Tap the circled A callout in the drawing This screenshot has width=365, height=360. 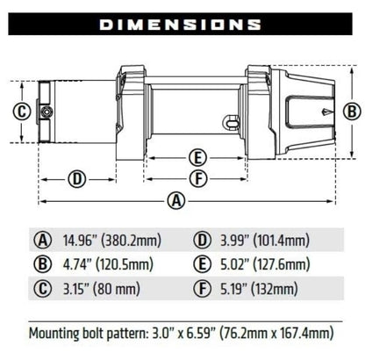point(176,200)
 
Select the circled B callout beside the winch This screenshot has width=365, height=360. point(350,111)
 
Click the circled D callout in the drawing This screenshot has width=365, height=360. point(77,178)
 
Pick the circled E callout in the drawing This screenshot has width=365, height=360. point(198,158)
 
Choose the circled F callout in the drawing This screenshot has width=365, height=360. point(198,178)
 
